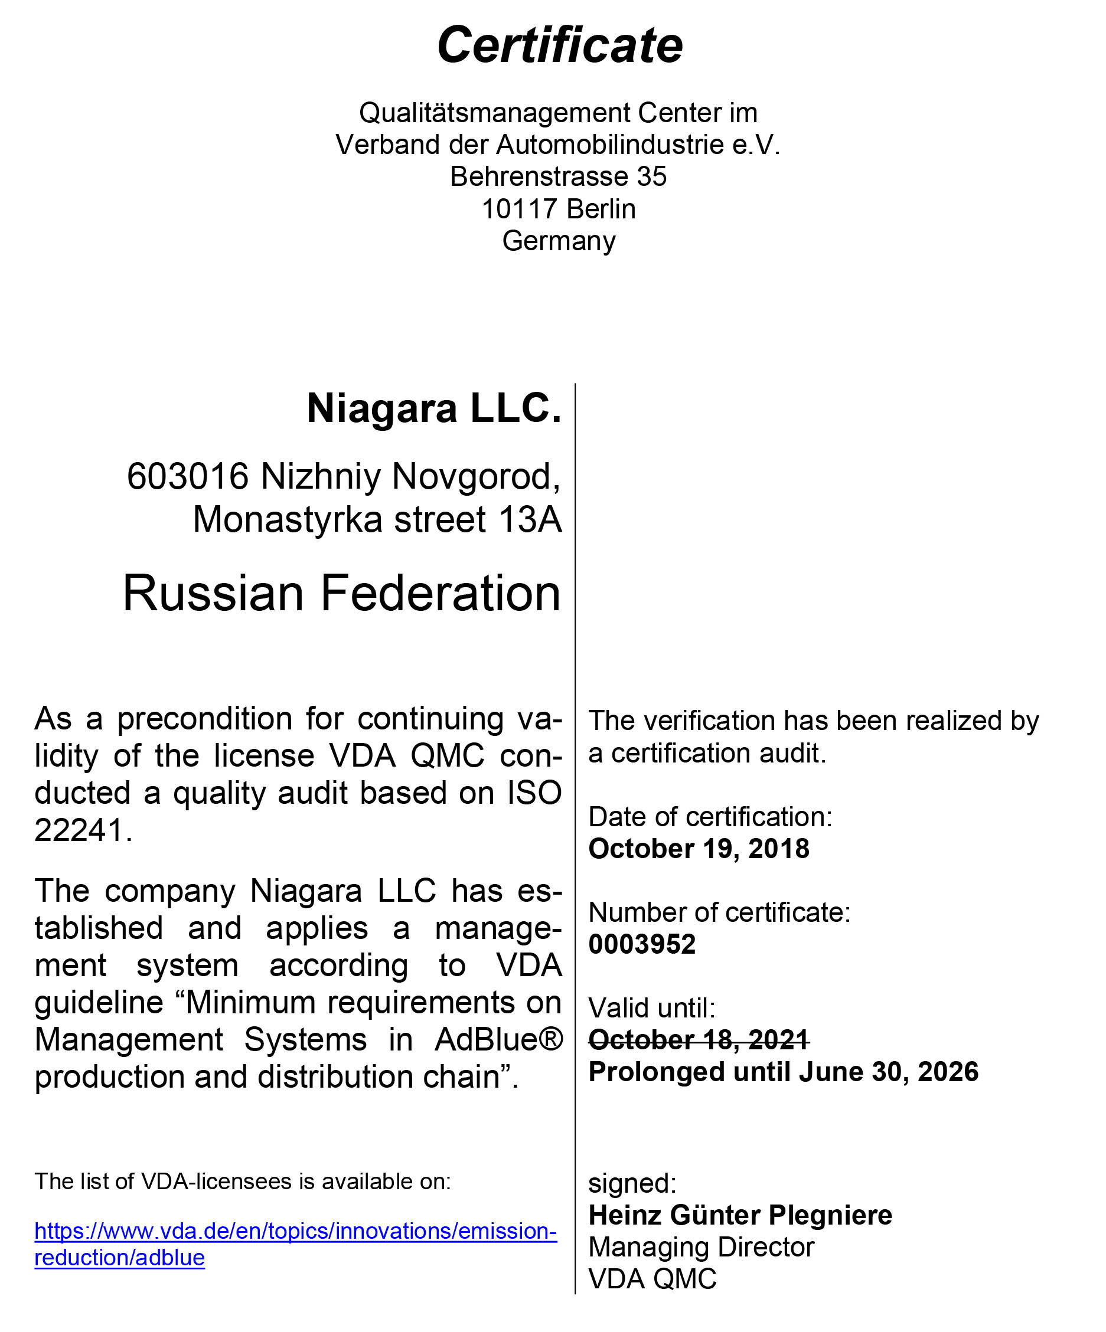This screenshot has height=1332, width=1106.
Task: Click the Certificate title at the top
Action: click(560, 45)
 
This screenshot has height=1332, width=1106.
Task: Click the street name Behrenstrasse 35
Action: click(558, 176)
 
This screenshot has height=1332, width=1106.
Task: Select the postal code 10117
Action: click(518, 209)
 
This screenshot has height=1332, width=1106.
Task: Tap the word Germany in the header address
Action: click(559, 241)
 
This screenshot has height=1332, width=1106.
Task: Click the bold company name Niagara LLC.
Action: click(434, 408)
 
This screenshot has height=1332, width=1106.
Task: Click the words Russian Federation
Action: click(341, 593)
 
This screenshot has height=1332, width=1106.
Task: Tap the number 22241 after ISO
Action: click(78, 830)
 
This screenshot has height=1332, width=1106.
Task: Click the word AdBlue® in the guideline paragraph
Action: click(499, 1040)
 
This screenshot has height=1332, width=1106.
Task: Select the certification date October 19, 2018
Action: click(699, 849)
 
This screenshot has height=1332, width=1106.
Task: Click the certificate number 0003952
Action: click(641, 944)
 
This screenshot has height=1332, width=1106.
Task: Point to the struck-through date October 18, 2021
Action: click(699, 1040)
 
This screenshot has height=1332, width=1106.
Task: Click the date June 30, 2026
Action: click(888, 1071)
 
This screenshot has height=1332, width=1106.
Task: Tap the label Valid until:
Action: click(652, 1008)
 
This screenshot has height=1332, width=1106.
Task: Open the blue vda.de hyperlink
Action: click(295, 1230)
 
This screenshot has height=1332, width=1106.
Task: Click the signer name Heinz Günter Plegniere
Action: click(740, 1215)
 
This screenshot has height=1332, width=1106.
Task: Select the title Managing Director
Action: click(701, 1247)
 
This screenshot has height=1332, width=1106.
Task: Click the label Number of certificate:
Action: click(719, 912)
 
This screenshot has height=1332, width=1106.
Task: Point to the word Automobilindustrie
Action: click(610, 145)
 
